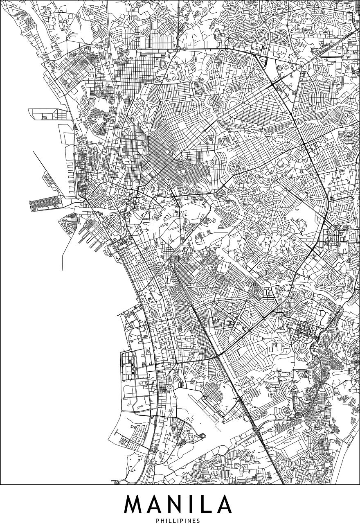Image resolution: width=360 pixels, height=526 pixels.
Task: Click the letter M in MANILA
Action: (137, 504)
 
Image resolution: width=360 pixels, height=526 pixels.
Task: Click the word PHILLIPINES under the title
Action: (180, 521)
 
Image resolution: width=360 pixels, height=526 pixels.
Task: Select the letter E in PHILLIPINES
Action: (195, 521)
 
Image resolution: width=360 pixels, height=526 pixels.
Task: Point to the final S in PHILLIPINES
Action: (199, 521)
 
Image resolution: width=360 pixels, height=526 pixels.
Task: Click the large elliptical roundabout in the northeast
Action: (304, 64)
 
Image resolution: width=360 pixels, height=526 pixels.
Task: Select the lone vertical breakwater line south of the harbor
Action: (62, 250)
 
